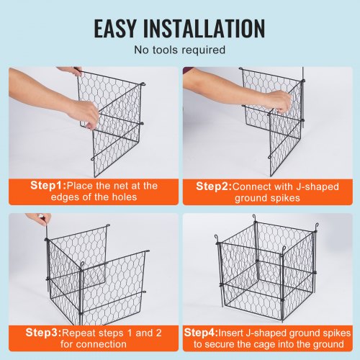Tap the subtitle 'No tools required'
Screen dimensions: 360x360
point(179,50)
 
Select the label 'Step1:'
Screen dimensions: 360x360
point(50,185)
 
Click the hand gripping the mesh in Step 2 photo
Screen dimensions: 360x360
point(277,102)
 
